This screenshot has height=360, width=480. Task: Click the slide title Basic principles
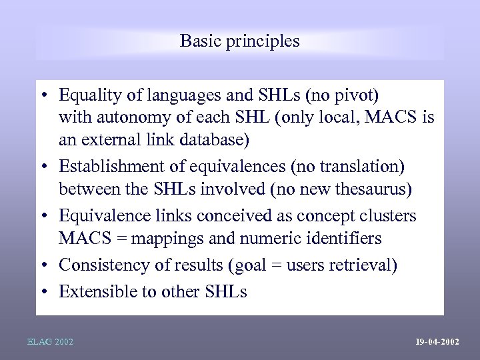click(240, 41)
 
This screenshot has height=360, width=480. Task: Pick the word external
click(110, 141)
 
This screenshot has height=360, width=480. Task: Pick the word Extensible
click(96, 292)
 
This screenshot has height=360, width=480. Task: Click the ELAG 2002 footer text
click(50, 342)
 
